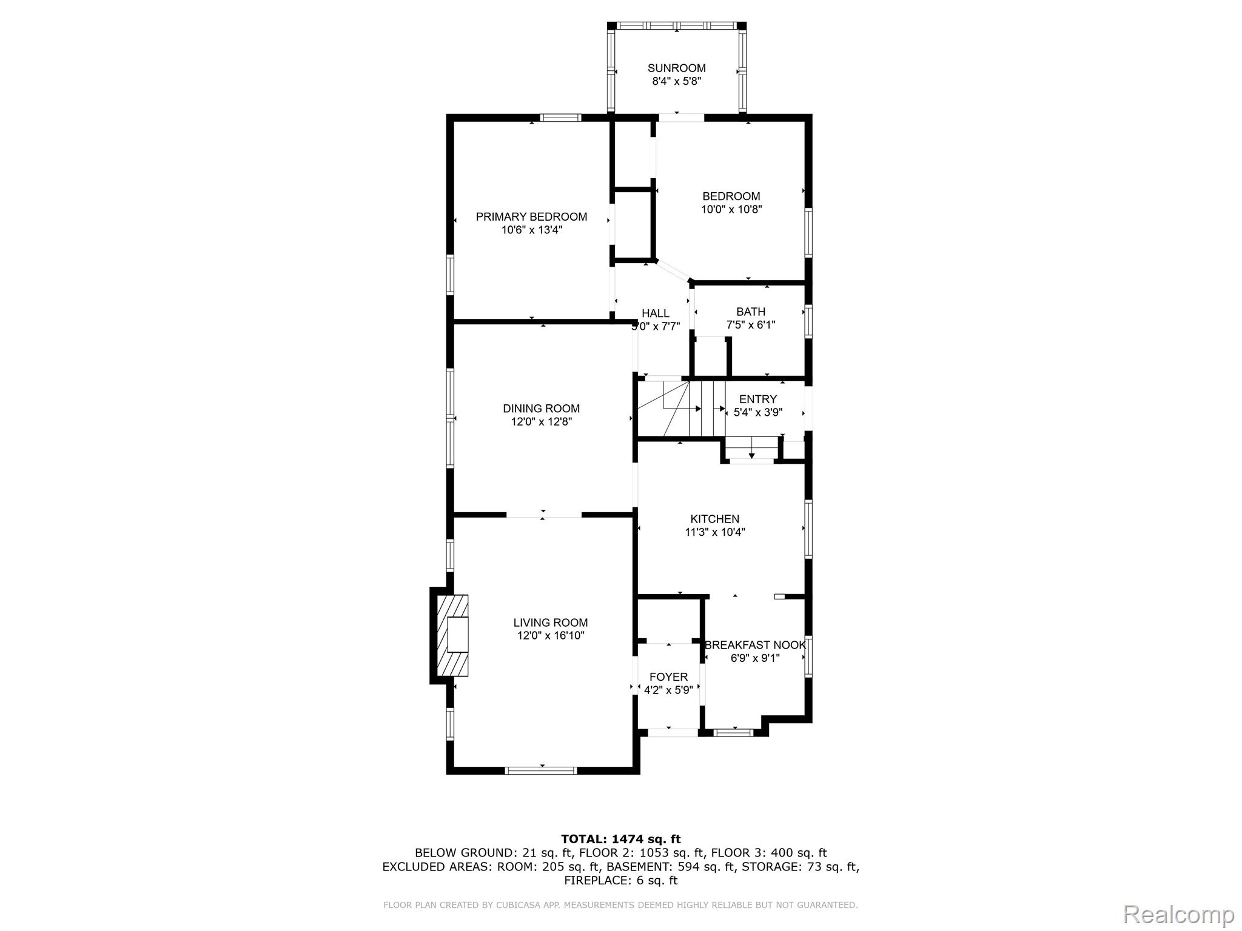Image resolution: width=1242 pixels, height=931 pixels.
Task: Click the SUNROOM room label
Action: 676,68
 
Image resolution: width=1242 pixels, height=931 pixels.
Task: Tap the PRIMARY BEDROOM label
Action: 531,217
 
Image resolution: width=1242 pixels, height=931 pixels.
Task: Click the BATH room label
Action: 751,312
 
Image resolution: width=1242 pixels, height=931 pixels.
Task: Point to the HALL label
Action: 656,313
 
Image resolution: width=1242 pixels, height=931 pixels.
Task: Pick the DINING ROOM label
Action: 541,409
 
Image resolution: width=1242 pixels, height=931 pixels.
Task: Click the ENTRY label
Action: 758,399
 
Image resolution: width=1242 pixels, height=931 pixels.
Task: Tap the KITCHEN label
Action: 715,519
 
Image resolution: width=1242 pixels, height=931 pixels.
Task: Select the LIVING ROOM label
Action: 551,622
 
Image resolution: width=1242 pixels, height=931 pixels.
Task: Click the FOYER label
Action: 668,677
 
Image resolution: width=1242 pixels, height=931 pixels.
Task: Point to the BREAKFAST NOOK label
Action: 755,645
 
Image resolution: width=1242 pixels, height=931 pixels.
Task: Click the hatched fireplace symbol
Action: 453,635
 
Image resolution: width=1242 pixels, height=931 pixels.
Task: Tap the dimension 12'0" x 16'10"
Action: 551,636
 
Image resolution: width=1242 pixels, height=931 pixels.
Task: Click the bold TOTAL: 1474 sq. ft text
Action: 620,839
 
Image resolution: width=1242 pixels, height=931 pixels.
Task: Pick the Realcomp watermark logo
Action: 1179,913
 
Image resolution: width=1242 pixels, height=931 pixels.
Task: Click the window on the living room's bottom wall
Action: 541,770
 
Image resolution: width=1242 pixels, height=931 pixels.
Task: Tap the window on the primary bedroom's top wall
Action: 561,118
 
